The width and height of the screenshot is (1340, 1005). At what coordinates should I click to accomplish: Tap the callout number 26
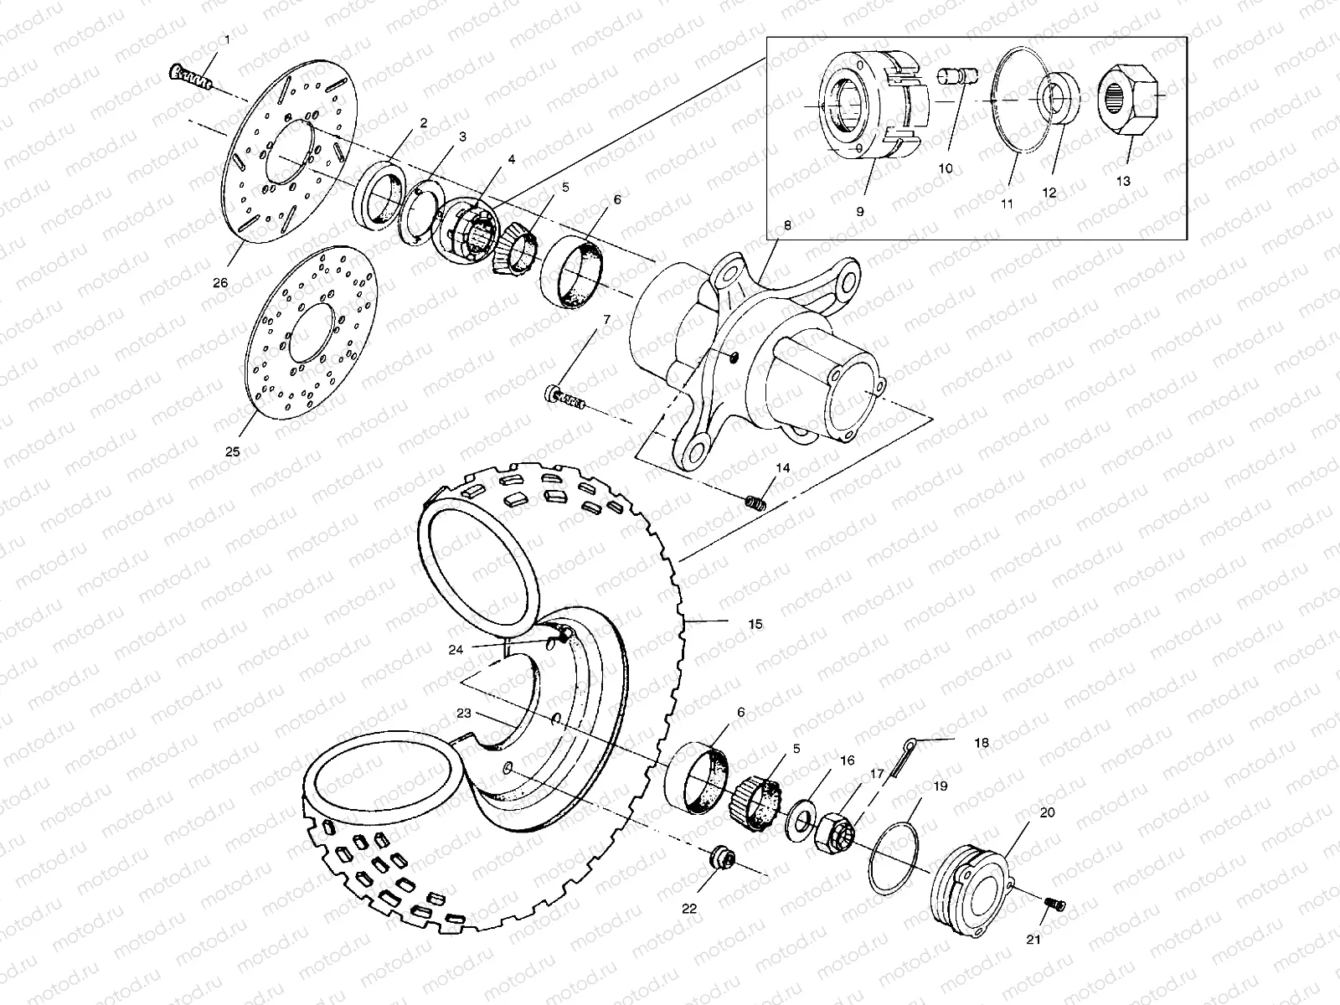pyautogui.click(x=219, y=282)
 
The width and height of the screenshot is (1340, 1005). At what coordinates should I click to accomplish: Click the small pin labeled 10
pyautogui.click(x=961, y=78)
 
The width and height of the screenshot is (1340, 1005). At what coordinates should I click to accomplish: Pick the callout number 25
pyautogui.click(x=232, y=451)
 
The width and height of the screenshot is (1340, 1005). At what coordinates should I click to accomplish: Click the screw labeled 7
pyautogui.click(x=564, y=395)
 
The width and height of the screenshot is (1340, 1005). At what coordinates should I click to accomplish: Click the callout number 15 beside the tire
pyautogui.click(x=755, y=625)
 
